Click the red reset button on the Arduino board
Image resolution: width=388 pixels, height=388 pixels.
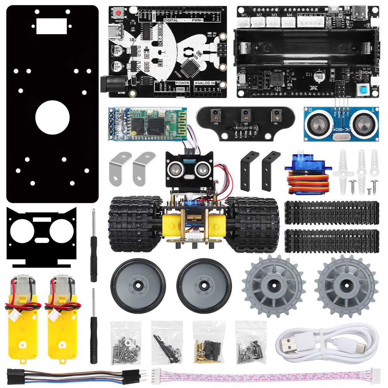117,14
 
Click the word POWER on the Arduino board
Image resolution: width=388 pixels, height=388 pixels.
182,83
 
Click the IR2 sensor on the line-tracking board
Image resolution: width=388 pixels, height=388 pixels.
245,114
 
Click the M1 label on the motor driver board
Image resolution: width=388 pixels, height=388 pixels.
244,15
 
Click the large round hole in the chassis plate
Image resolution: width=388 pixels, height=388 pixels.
52,118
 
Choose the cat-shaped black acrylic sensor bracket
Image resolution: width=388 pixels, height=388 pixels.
42,236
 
